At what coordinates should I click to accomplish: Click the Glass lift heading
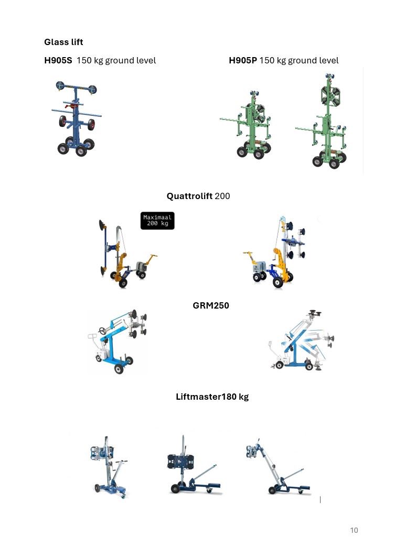[x=63, y=42]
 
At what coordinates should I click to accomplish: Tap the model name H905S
[x=58, y=60]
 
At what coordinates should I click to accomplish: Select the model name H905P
[x=243, y=60]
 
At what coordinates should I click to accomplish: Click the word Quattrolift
[x=189, y=196]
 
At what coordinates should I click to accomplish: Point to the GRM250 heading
[x=211, y=305]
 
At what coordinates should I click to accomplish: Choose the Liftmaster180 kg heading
[x=212, y=397]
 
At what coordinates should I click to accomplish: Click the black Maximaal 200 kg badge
[x=157, y=221]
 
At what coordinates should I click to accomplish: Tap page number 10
[x=354, y=530]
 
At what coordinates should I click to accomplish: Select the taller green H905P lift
[x=322, y=121]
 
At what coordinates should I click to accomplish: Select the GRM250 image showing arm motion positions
[x=302, y=341]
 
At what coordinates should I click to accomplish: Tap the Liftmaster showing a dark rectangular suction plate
[x=194, y=465]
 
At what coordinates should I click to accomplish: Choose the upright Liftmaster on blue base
[x=108, y=466]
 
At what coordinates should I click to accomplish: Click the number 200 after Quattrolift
[x=222, y=196]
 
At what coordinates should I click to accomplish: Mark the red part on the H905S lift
[x=74, y=105]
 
